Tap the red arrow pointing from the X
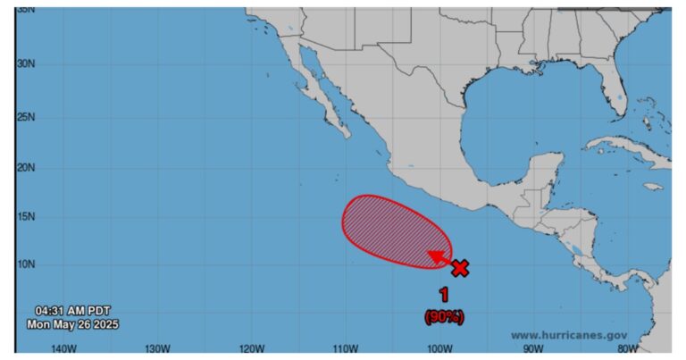pos(440,259)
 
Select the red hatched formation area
pos(392,230)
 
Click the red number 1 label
pos(444,294)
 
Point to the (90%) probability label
pos(444,315)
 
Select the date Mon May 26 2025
pos(72,324)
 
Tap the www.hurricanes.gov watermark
pos(568,335)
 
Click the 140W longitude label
pos(63,348)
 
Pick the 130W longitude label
pos(157,348)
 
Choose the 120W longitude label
pos(251,348)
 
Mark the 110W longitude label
pos(345,348)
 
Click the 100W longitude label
pos(439,348)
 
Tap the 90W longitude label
pos(533,348)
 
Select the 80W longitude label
pos(627,348)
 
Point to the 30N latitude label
pos(26,64)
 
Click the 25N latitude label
pos(26,117)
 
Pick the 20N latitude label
pos(26,168)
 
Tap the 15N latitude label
pos(26,217)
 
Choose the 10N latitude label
pos(26,264)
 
